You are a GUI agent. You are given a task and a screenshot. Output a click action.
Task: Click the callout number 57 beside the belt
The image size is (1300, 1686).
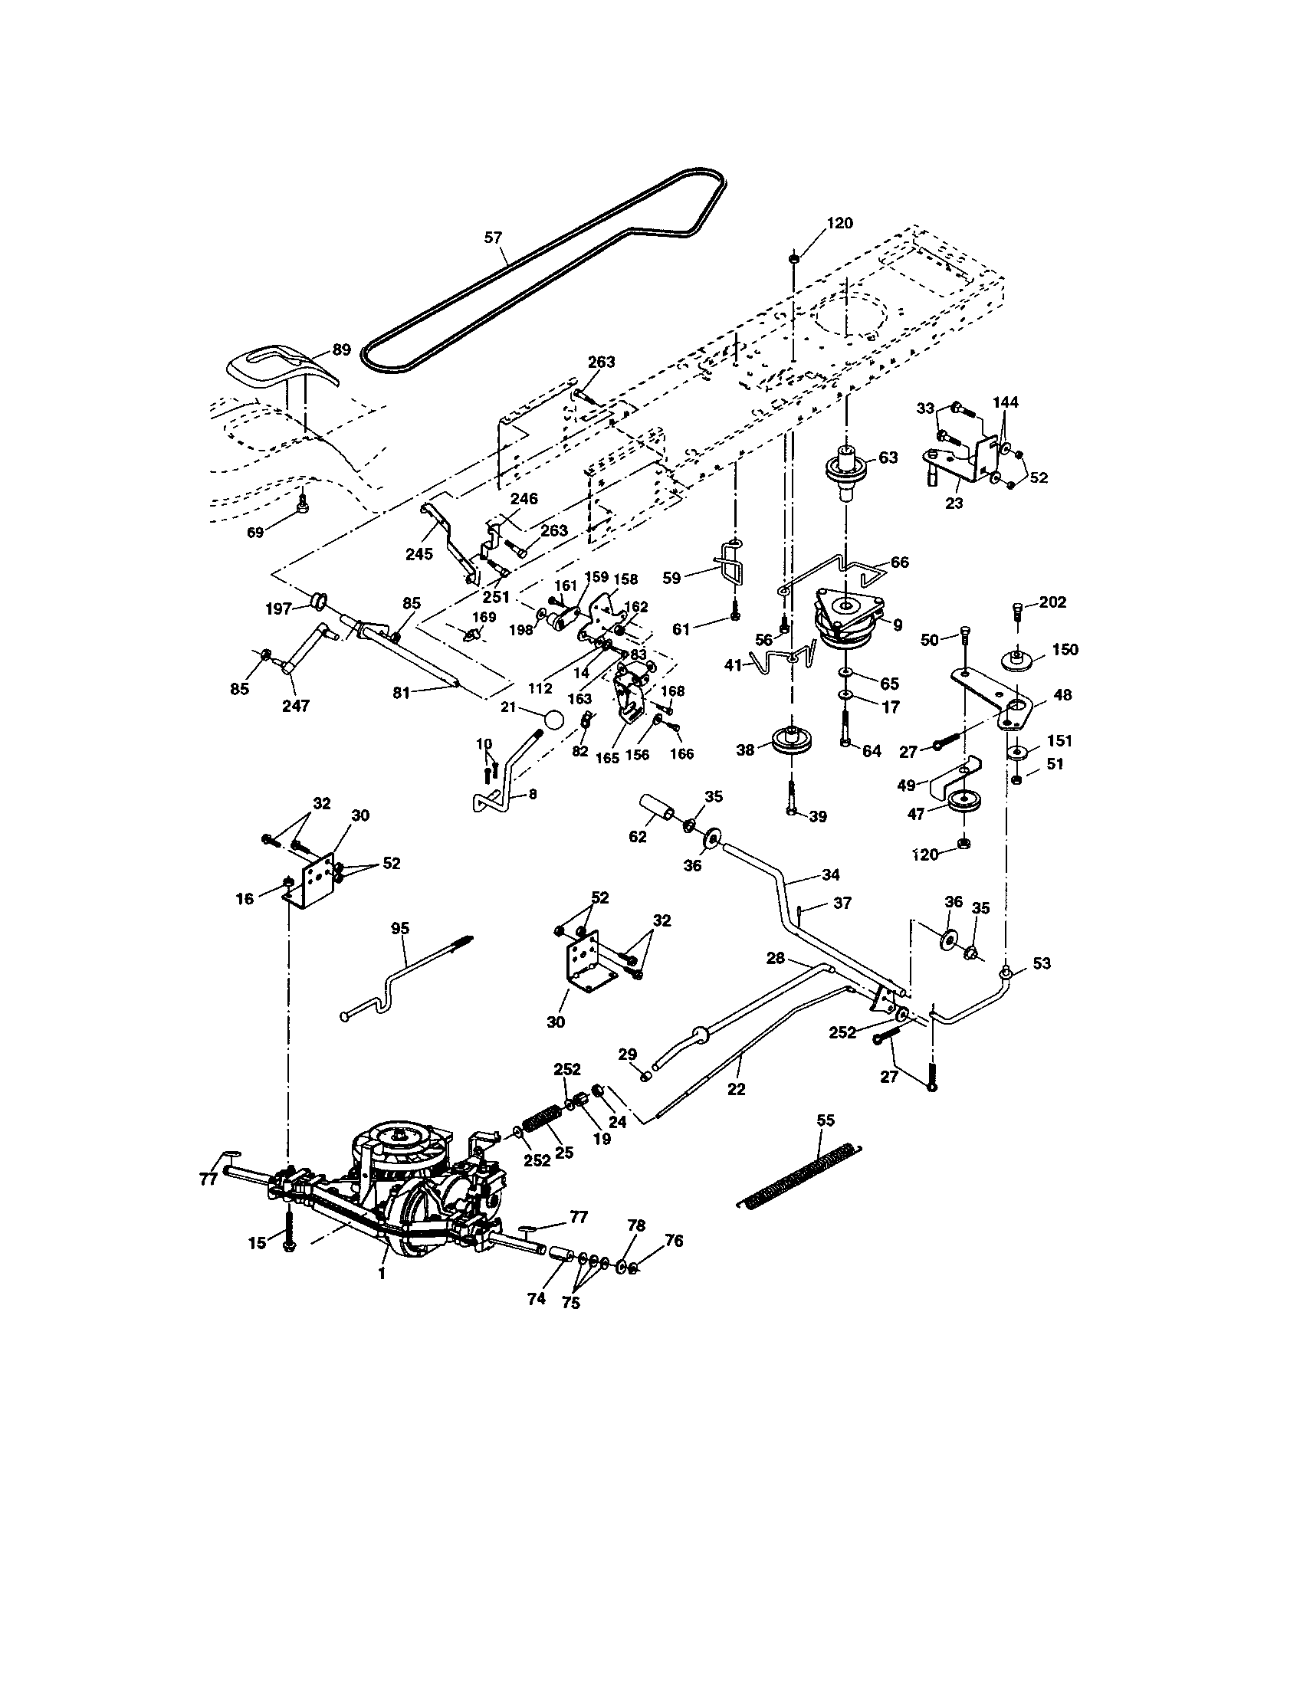(x=494, y=238)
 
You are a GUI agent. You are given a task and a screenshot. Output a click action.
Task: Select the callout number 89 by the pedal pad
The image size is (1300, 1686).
(x=341, y=349)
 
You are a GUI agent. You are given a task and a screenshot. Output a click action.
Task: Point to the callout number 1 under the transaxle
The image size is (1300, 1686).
(x=382, y=1274)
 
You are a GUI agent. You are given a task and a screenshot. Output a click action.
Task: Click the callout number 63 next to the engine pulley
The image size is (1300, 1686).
(x=888, y=457)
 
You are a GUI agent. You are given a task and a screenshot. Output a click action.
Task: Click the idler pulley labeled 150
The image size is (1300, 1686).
(x=1019, y=661)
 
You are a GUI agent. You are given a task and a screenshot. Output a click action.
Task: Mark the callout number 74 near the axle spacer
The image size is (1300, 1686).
(x=536, y=1298)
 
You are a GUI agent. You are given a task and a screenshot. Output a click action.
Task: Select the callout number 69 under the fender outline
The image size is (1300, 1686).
(x=254, y=532)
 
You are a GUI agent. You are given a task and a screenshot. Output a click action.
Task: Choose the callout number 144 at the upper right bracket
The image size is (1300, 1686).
(x=1005, y=402)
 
